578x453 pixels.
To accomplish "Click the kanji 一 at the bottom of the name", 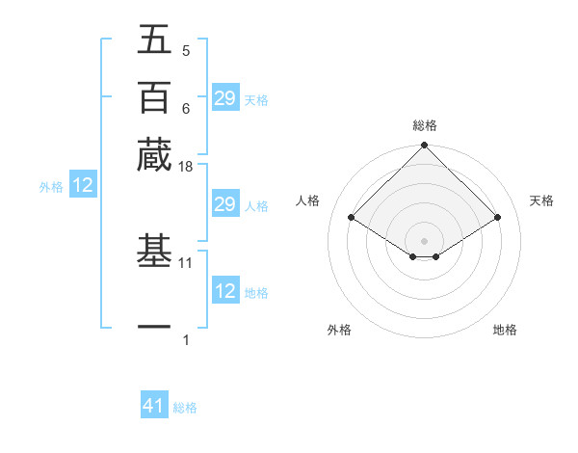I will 154,326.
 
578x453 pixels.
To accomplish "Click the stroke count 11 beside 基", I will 186,261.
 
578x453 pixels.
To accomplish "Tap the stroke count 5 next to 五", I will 186,50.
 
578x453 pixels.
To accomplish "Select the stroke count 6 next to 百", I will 186,108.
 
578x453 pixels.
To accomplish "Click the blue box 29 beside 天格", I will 224,98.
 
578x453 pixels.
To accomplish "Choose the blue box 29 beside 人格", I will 224,204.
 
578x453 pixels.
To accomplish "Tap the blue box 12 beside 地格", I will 224,291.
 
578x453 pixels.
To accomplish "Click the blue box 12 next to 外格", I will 83,186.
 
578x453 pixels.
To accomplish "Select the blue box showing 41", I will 154,406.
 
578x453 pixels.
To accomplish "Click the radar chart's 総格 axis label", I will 425,125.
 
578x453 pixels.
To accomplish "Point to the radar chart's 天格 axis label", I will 541,200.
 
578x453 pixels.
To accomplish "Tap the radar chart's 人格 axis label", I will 308,200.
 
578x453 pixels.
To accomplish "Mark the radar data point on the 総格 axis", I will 425,147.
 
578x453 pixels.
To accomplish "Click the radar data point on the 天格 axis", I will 498,218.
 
